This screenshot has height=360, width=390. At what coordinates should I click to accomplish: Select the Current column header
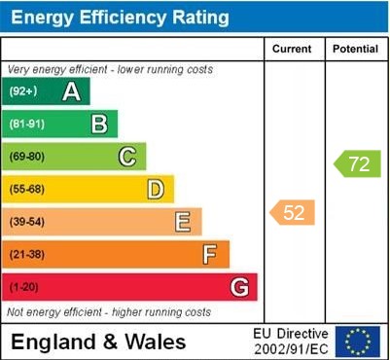click(x=293, y=49)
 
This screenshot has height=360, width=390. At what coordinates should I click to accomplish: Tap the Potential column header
click(x=356, y=49)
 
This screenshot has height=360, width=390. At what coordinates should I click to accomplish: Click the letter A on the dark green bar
click(x=71, y=91)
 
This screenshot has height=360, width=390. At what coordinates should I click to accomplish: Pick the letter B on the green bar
click(x=99, y=124)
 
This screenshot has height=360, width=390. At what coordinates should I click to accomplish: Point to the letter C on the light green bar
click(x=127, y=157)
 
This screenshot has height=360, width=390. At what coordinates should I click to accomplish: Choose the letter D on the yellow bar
click(x=156, y=189)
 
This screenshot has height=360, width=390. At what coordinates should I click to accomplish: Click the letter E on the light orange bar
click(x=183, y=222)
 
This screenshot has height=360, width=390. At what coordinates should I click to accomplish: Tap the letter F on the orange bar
click(x=210, y=255)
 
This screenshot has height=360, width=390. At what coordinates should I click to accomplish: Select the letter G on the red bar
click(x=239, y=287)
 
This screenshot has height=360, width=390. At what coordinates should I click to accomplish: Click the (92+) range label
click(x=23, y=91)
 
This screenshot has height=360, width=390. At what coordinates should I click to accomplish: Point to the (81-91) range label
click(x=27, y=124)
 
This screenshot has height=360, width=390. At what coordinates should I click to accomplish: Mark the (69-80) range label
click(x=27, y=157)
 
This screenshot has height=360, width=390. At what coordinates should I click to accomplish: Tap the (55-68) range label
click(x=27, y=189)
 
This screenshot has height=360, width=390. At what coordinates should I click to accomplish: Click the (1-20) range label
click(x=24, y=287)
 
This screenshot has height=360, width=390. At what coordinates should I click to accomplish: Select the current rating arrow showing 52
click(x=293, y=212)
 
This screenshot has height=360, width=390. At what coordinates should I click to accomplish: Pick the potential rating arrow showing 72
click(x=357, y=163)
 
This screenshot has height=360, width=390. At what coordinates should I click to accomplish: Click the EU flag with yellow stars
click(x=358, y=342)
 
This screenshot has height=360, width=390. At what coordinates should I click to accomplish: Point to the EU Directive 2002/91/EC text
click(x=291, y=342)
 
